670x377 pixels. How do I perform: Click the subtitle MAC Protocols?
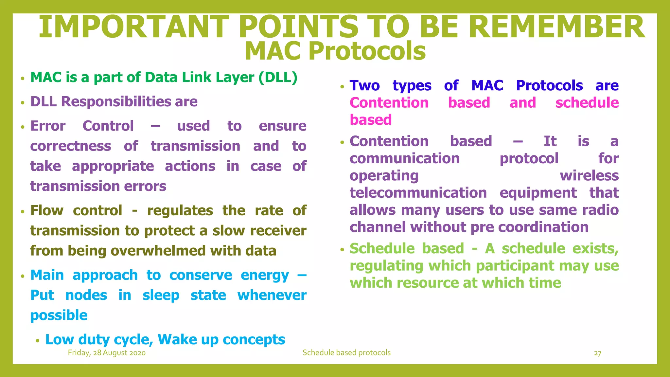pos(335,51)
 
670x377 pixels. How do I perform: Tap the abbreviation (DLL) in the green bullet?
pos(278,78)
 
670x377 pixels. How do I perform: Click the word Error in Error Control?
pos(48,126)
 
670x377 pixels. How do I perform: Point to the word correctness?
pos(71,146)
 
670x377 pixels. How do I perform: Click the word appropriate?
pos(113,167)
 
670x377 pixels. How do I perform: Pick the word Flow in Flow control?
pos(47,211)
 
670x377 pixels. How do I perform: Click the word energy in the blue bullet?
pos(265,276)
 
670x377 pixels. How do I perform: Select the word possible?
pos(59,315)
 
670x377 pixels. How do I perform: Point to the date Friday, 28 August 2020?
pos(107,353)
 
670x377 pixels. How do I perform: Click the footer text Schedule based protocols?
pos(346,353)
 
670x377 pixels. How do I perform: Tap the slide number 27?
pos(597,353)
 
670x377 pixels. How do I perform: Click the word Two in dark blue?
pos(364,86)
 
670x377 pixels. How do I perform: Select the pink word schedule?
pos(587,103)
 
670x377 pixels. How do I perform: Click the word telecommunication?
pos(418,193)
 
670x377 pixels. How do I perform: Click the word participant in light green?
pos(515,266)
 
